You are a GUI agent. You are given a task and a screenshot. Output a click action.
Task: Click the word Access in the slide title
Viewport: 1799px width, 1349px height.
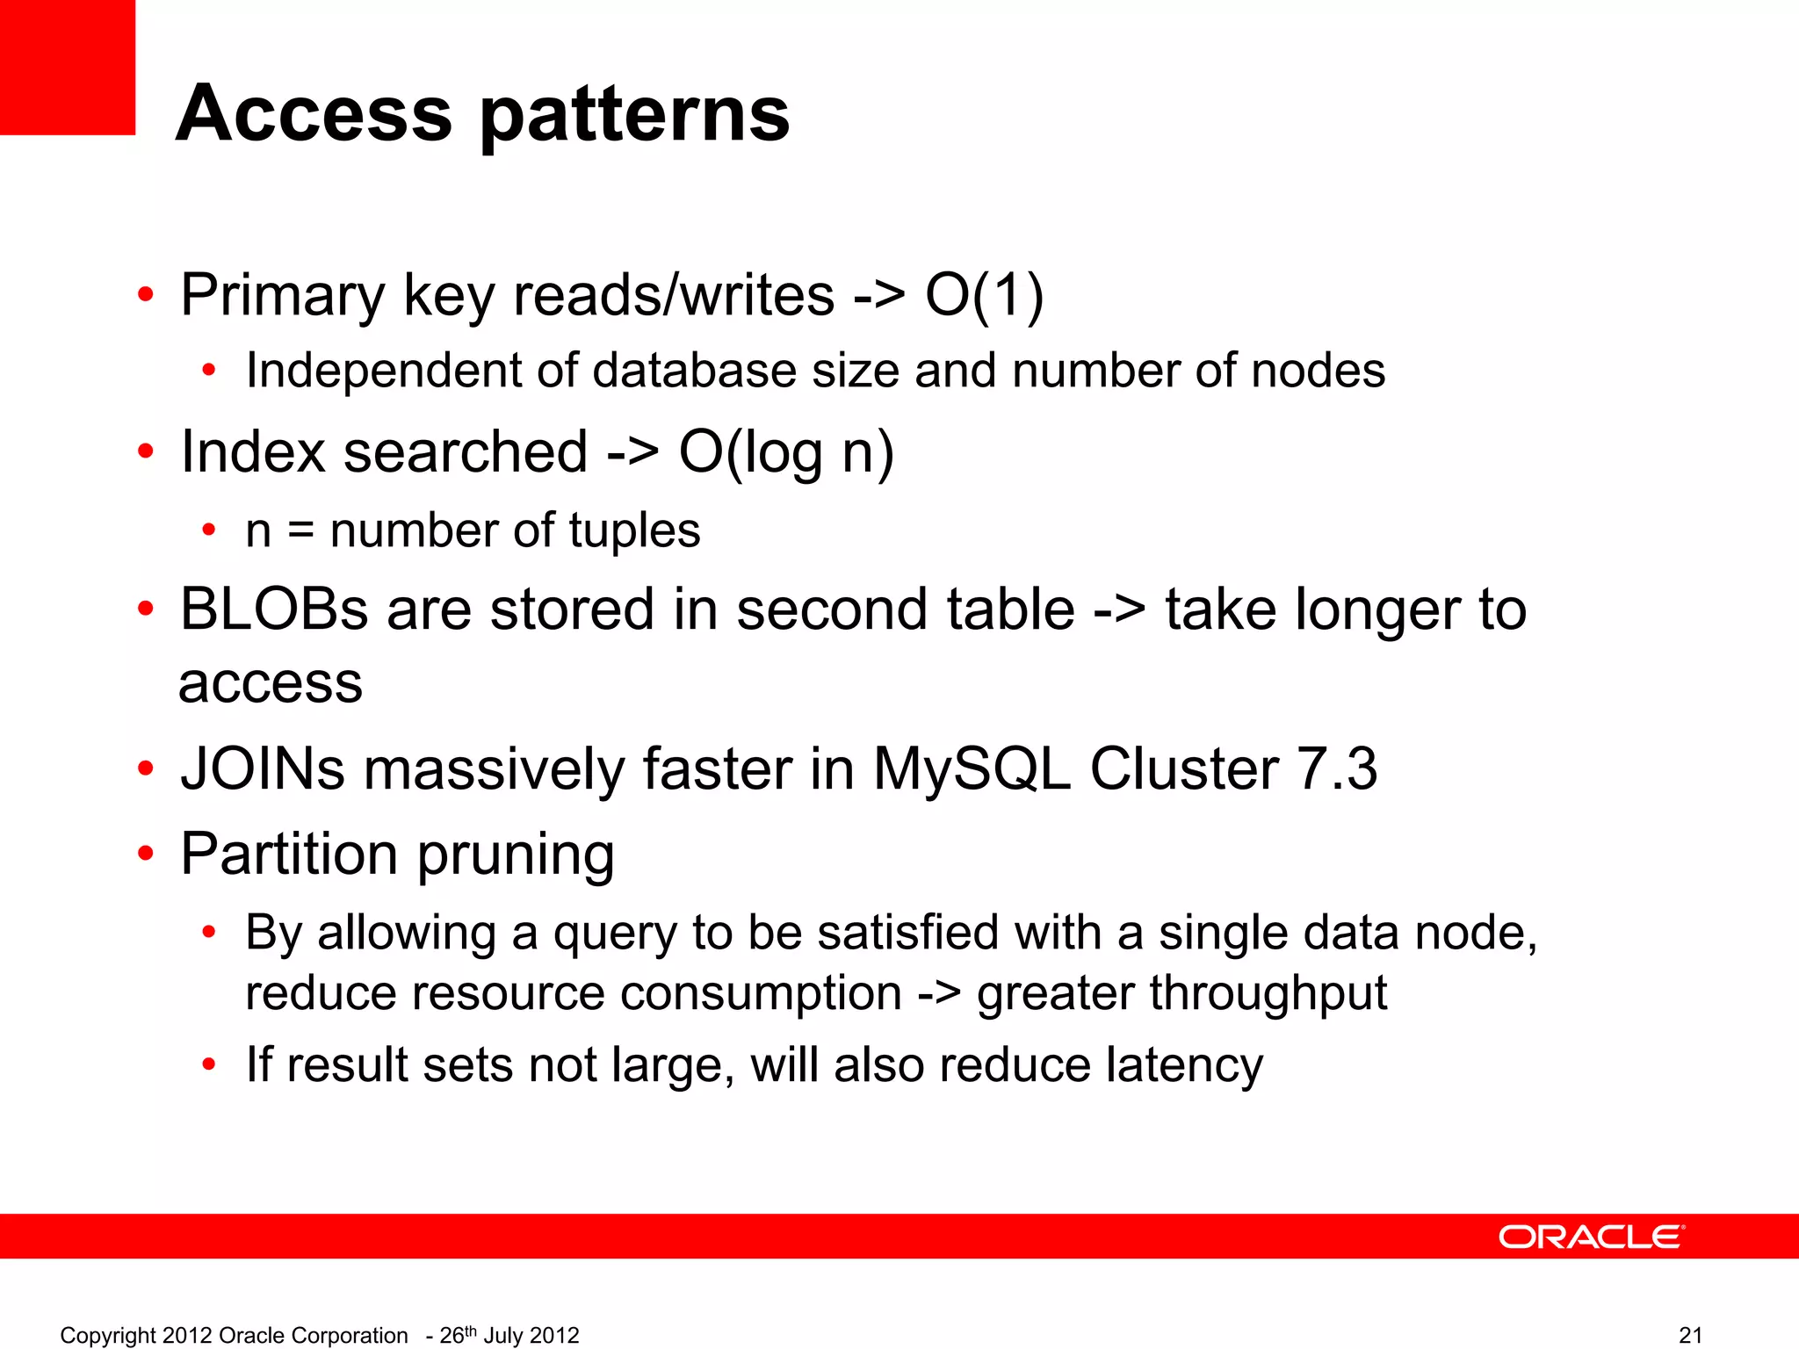[x=314, y=113]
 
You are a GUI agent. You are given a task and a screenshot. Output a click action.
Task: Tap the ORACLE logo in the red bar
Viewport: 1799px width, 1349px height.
[x=1591, y=1237]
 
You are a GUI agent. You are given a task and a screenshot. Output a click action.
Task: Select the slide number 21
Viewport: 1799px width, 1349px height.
[x=1690, y=1335]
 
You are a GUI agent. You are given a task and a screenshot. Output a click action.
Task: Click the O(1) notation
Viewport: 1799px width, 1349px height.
[x=984, y=295]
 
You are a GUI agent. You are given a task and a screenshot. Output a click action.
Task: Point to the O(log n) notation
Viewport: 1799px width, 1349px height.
[x=786, y=453]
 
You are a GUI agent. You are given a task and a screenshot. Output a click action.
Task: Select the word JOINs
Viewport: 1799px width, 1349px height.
[x=263, y=769]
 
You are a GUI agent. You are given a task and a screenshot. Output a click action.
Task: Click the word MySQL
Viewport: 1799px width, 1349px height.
[x=972, y=769]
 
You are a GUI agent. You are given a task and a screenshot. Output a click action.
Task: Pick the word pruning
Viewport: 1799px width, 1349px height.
[x=516, y=855]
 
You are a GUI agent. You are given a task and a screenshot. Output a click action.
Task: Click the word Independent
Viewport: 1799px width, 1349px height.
[x=383, y=370]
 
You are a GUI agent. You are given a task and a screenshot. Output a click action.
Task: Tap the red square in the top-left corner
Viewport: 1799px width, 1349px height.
[x=68, y=67]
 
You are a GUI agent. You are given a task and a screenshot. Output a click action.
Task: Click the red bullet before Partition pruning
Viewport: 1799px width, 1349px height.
[x=146, y=853]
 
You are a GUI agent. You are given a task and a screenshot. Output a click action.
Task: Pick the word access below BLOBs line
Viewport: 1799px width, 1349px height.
[x=271, y=683]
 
